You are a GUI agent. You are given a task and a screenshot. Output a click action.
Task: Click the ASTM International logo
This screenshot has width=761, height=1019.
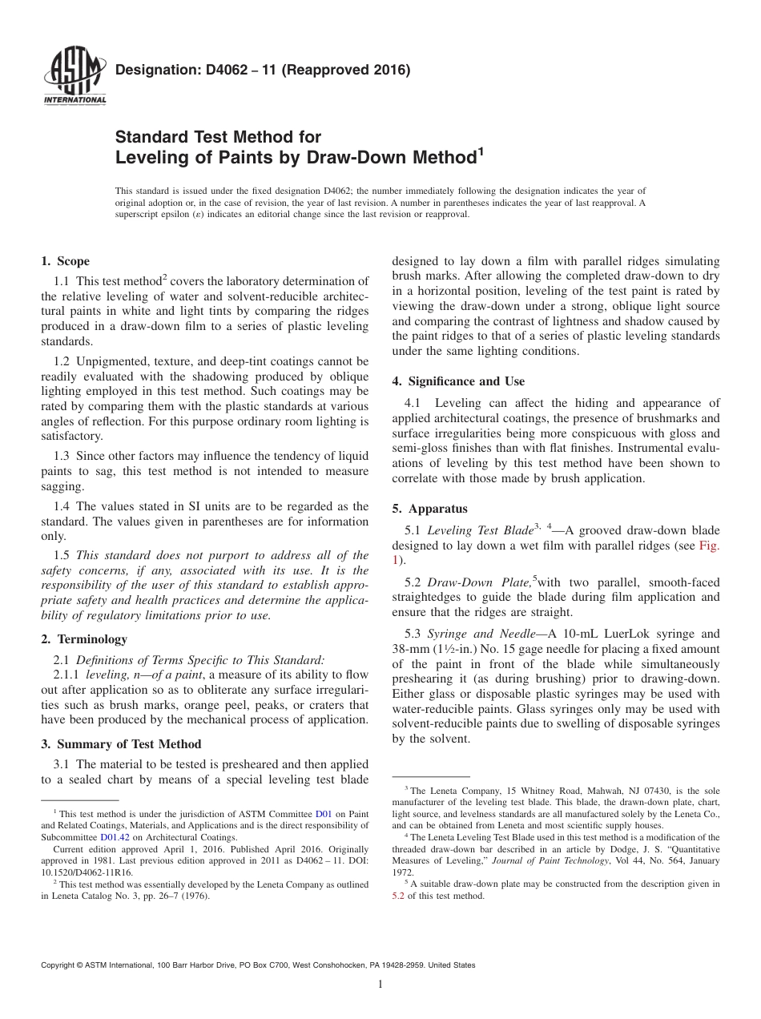tap(74, 77)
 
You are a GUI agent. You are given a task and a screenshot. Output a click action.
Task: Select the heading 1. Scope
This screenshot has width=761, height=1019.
tap(65, 261)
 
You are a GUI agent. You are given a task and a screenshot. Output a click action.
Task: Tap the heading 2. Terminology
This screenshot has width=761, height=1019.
tap(84, 639)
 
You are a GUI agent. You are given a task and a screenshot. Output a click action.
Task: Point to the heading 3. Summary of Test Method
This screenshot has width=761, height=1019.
tap(121, 744)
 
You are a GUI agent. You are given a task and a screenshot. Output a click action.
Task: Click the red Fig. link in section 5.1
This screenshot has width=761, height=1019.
tap(710, 546)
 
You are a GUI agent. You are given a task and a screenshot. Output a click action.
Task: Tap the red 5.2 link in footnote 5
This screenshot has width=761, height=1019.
tap(397, 896)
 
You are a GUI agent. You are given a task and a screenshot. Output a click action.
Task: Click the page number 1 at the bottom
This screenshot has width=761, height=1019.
tap(380, 985)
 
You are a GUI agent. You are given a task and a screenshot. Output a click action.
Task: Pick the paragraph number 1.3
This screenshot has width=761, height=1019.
tap(62, 456)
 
